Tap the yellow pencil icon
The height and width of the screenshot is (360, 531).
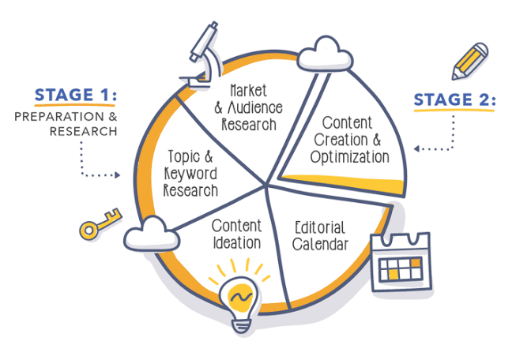point(469,61)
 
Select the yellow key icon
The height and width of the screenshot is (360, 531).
point(100,223)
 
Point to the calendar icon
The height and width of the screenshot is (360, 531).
point(401,261)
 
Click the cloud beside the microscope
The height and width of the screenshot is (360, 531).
point(325,54)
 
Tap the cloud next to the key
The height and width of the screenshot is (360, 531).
point(152,234)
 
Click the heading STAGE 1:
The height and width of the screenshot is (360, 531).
point(76,95)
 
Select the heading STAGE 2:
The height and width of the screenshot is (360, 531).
point(454,99)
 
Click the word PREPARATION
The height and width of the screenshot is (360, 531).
point(59,117)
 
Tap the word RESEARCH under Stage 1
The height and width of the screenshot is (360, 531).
point(83,131)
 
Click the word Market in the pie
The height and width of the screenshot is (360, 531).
point(248,91)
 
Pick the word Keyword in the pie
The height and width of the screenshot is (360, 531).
point(190,174)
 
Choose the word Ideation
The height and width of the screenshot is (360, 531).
point(237,243)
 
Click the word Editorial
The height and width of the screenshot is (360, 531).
point(320,227)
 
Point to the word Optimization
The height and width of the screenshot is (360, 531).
point(350,157)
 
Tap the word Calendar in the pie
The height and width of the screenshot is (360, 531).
point(320,244)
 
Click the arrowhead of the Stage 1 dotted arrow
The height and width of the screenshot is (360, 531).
point(117,175)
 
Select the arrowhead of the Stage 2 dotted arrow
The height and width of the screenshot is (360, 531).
point(417,148)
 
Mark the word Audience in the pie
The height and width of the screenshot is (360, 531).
point(255,107)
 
